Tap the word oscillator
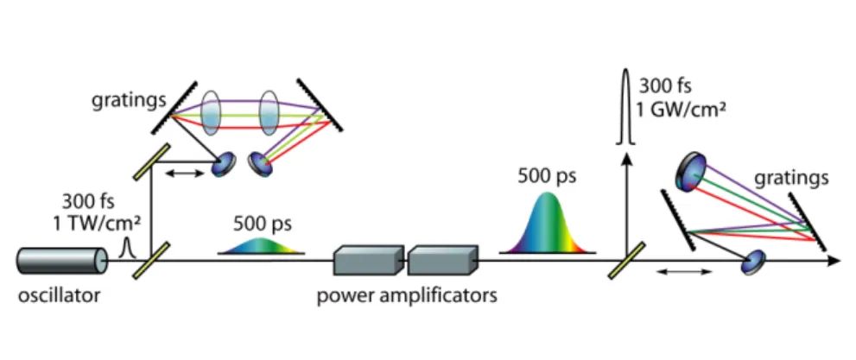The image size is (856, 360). click(60, 296)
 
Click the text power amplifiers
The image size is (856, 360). click(407, 297)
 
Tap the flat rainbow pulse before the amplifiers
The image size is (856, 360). click(261, 246)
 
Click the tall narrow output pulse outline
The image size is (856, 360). click(626, 109)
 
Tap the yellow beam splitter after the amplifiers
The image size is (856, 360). click(626, 260)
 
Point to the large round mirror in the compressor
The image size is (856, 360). click(691, 173)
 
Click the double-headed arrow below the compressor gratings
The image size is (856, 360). click(684, 271)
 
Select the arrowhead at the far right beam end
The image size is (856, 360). click(834, 261)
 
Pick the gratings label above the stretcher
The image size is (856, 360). click(130, 102)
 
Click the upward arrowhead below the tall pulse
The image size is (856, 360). click(626, 161)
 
